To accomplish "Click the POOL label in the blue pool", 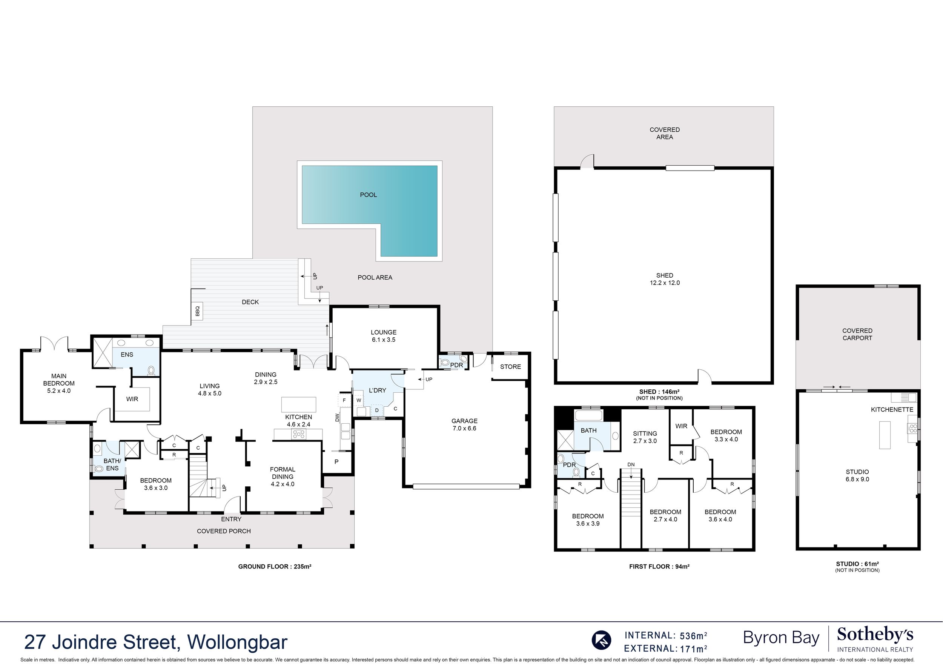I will pos(369,195).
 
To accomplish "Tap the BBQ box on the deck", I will pos(197,311).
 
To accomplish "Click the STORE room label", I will pos(510,367).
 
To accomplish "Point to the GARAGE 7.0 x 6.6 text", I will pos(464,424).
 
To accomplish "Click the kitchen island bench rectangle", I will pos(299,404).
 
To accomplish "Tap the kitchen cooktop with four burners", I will pos(299,434).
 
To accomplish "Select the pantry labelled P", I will pos(336,462).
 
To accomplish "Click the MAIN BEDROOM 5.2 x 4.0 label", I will pos(59,383).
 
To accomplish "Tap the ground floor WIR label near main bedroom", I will pos(132,399).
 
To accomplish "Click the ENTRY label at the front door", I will pos(231,519).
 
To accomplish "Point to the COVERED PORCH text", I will pos(224,531).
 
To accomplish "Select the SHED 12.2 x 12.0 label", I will pos(665,279).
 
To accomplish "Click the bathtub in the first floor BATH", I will pos(588,415).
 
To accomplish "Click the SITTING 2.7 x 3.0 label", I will pos(645,437).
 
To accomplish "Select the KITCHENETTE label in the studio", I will pos(892,409).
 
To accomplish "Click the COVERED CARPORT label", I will pos(857,334).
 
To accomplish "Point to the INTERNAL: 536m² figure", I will pos(666,636).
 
